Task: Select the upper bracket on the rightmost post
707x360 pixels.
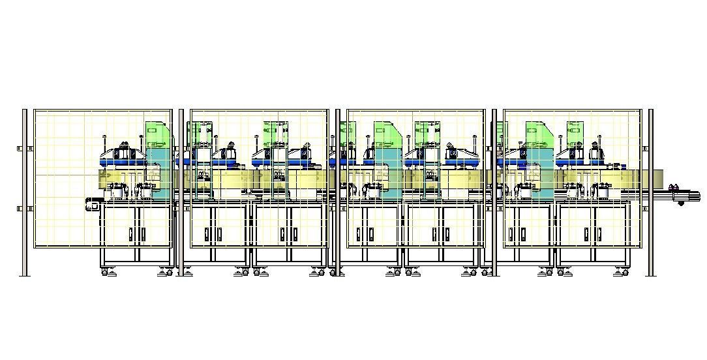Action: click(645, 149)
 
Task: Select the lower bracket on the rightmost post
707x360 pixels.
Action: click(645, 209)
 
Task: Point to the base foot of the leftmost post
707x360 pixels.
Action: click(25, 275)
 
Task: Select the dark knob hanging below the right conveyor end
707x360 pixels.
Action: click(682, 203)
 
